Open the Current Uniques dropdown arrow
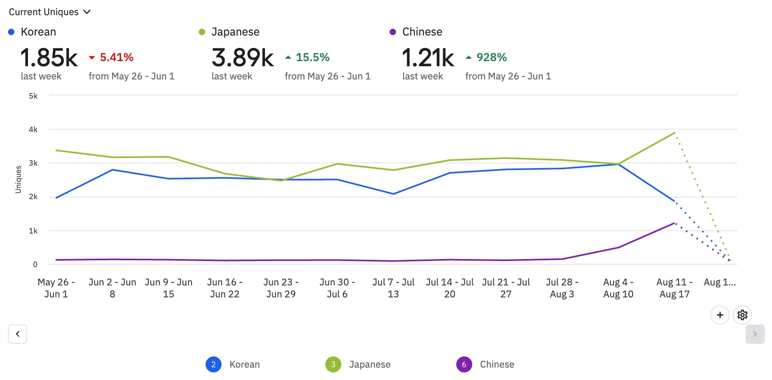(x=87, y=12)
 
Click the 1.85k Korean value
(x=49, y=57)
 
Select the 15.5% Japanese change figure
(x=312, y=57)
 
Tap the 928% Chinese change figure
(x=491, y=57)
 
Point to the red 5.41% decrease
(x=116, y=57)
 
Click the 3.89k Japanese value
(x=242, y=57)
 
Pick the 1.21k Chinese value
(x=428, y=57)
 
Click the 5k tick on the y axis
(x=33, y=96)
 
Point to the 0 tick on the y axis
(x=35, y=264)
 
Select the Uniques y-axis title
(x=18, y=180)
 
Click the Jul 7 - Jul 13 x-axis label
(x=393, y=288)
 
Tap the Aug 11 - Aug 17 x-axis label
(x=674, y=288)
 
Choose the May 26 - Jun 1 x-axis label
(x=56, y=288)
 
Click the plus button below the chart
(x=720, y=315)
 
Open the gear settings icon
(x=742, y=315)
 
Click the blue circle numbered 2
(x=214, y=364)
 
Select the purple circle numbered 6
(x=464, y=364)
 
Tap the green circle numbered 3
(x=333, y=364)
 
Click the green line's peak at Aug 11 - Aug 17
(x=674, y=133)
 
